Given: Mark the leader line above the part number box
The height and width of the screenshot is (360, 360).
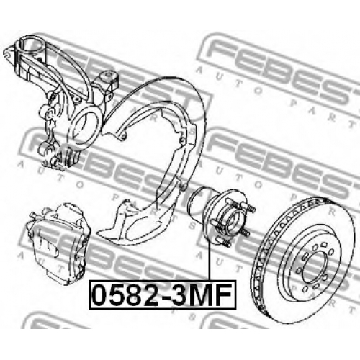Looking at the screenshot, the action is [x=210, y=261].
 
